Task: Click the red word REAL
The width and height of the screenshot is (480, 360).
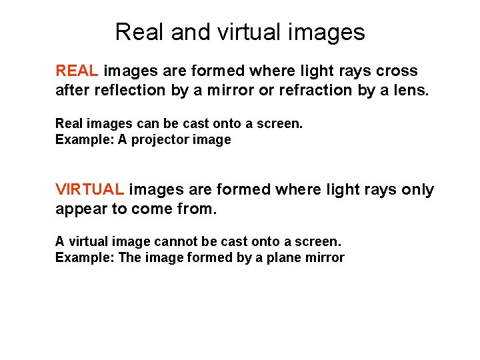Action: click(x=77, y=71)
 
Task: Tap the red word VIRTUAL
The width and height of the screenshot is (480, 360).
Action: click(x=89, y=190)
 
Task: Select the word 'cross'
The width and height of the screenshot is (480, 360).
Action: click(x=397, y=71)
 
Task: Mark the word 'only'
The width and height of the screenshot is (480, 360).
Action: click(x=417, y=190)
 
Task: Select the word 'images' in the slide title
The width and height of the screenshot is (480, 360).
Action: click(x=327, y=32)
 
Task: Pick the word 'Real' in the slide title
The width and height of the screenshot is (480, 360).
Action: click(x=140, y=32)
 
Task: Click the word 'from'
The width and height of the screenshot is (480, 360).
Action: click(x=198, y=210)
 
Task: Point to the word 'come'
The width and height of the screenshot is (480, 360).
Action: click(x=154, y=210)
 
